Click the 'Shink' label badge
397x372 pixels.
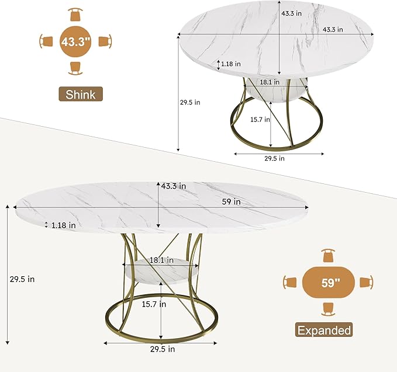pos(81,94)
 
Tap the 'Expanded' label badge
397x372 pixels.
pos(324,330)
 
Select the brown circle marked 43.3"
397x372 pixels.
pos(75,41)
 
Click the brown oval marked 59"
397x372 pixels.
pos(329,282)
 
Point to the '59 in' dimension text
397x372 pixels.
pos(231,201)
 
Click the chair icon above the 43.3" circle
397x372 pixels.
pos(75,15)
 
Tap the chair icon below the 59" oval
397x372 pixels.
pos(329,310)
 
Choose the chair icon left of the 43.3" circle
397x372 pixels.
pos(46,41)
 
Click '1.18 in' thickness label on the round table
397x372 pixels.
pos(230,64)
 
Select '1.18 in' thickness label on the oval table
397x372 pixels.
pos(64,225)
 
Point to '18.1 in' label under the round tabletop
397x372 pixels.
pos(270,82)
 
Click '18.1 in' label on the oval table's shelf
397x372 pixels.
pos(161,260)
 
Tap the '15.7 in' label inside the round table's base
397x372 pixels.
pos(260,119)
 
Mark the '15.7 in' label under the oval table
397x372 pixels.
pos(154,304)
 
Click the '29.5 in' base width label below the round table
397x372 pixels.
pos(274,158)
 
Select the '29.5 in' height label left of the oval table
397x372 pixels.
pos(22,279)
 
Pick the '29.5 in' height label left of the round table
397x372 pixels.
pos(190,102)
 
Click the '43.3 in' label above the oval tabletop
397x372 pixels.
pos(174,186)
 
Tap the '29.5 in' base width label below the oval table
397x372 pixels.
pos(163,349)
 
